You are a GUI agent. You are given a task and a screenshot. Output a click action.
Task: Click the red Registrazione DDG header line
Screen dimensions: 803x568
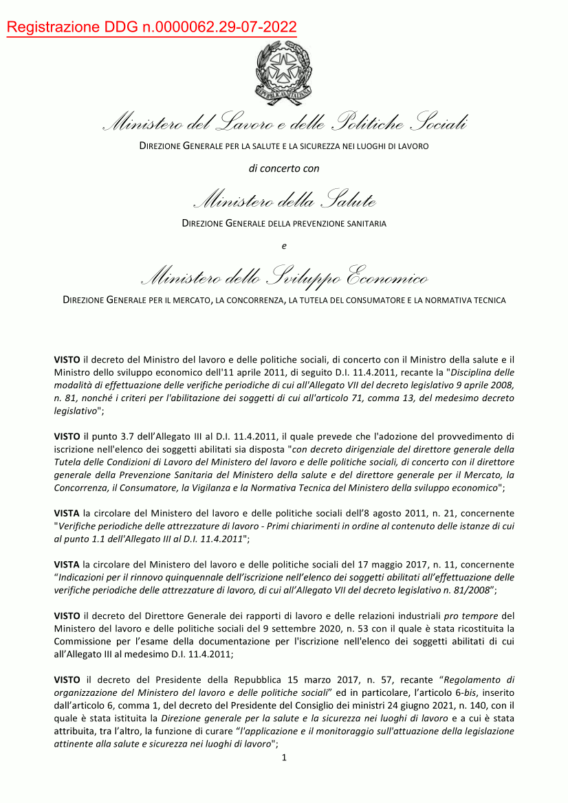[152, 27]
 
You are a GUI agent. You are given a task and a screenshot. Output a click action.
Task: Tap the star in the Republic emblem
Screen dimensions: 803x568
[283, 67]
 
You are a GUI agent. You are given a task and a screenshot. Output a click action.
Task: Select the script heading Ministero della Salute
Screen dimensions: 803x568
[284, 201]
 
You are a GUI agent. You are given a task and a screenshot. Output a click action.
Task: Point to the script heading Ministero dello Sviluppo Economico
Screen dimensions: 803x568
[284, 278]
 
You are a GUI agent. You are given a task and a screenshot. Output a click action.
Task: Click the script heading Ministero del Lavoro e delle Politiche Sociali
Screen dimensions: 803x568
[284, 124]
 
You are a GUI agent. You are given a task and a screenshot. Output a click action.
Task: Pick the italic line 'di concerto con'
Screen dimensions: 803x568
[284, 168]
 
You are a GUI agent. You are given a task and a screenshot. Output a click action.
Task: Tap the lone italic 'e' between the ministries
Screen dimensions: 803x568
[284, 245]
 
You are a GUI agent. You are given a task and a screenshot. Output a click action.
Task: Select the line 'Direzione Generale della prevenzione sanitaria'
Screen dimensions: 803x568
[284, 223]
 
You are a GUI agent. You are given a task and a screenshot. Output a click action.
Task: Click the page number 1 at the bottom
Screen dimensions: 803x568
[284, 758]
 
